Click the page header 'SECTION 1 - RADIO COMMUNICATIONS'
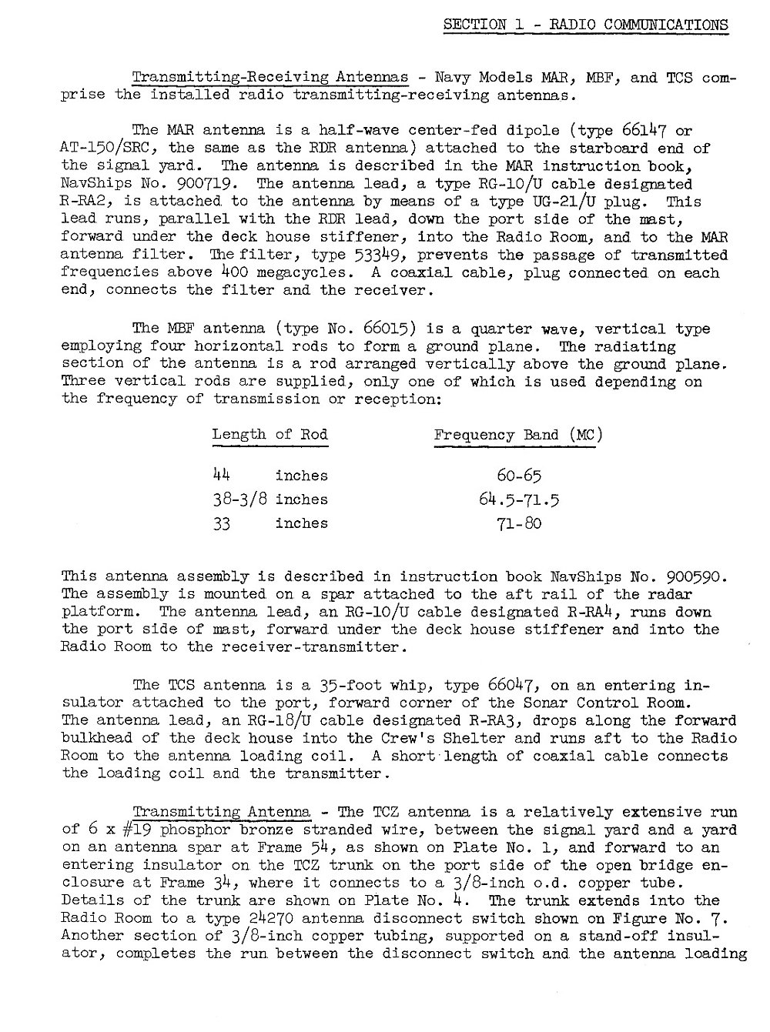coord(585,24)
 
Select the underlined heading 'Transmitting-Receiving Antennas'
coord(270,78)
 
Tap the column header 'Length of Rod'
coord(269,435)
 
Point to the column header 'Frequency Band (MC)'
coord(518,435)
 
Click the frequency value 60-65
coord(519,476)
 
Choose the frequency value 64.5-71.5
coord(519,499)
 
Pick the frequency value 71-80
coord(519,524)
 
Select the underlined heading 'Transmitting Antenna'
coord(222,812)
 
